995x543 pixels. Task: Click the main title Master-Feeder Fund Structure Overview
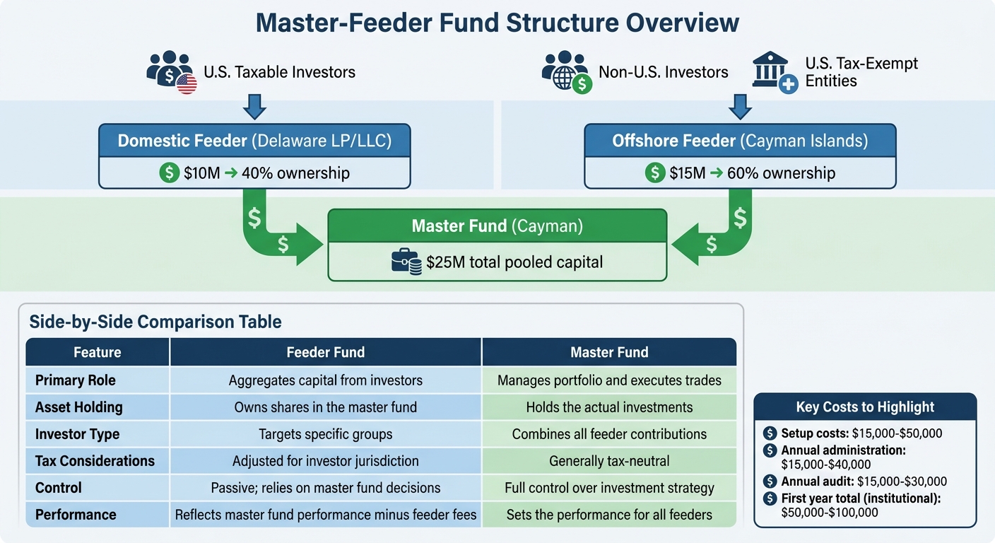pos(497,23)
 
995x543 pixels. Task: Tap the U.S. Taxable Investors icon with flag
pos(171,71)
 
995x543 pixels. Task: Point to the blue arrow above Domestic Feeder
pos(254,107)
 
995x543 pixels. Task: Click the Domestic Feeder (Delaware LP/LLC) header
pos(254,141)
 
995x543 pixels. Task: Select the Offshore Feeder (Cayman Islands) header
pos(740,141)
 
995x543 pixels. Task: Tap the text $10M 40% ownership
pos(266,173)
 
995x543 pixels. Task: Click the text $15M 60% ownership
pos(752,173)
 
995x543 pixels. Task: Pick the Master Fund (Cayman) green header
pos(497,226)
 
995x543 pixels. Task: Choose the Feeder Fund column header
pos(325,352)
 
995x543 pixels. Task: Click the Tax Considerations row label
pos(95,461)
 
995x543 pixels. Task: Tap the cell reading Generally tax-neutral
pos(608,461)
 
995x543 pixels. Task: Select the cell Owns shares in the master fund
pos(325,407)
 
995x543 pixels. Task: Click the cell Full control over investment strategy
pos(608,488)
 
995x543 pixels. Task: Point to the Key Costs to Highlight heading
pos(865,407)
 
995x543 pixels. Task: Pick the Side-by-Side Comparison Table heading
pos(155,322)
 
